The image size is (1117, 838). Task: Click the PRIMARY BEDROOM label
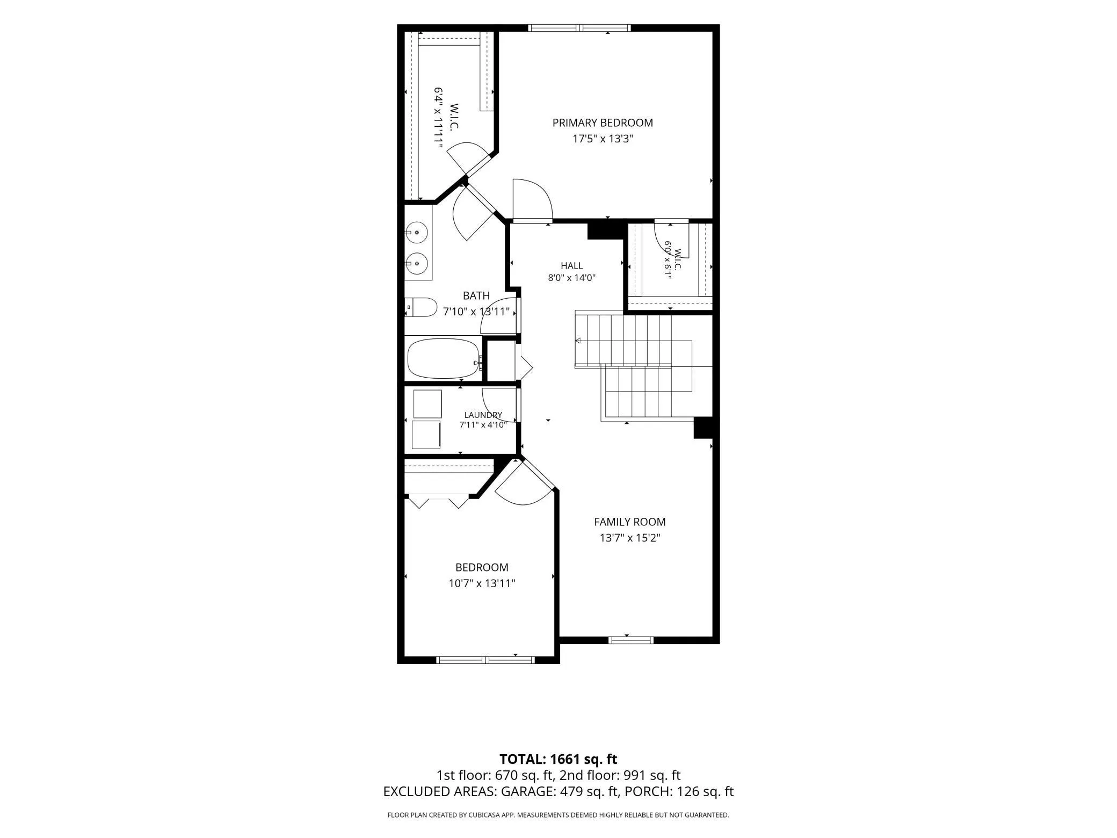pos(603,122)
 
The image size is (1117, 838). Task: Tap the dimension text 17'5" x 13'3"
pos(603,139)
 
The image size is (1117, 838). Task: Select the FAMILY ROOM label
pos(630,522)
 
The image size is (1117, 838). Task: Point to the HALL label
pos(572,265)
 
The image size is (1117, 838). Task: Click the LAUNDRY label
pos(483,415)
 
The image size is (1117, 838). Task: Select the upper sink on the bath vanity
pos(416,232)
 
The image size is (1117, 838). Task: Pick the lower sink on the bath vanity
pos(416,263)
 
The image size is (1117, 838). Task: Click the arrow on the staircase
pos(578,340)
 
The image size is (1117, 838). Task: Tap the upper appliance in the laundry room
pos(427,404)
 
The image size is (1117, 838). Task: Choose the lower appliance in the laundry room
pos(426,435)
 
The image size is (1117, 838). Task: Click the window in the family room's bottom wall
pos(631,640)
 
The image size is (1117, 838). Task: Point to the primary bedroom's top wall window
pos(579,28)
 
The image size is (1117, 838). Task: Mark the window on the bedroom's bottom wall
pos(485,660)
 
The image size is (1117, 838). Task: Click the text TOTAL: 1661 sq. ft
pos(558,759)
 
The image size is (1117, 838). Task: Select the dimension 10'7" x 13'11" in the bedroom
pos(482,583)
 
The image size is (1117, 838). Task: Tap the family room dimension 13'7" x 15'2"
pos(630,538)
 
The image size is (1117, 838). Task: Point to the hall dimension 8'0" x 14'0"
pos(572,278)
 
